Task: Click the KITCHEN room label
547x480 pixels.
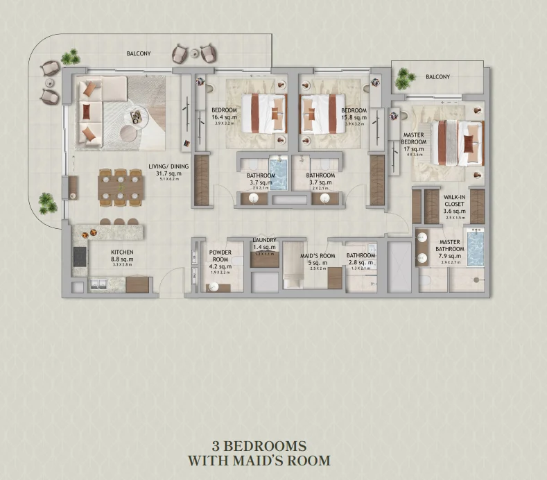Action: point(121,252)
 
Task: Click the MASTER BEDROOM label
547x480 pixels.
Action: point(413,138)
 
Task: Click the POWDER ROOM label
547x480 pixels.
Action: point(220,256)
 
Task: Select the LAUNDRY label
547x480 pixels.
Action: point(265,240)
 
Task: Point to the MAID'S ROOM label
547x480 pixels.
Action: point(318,256)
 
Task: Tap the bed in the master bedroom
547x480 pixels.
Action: point(457,143)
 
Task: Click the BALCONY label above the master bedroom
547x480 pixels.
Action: point(437,77)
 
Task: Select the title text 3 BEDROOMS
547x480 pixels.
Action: point(259,445)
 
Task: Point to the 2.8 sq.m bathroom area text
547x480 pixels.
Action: point(361,263)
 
